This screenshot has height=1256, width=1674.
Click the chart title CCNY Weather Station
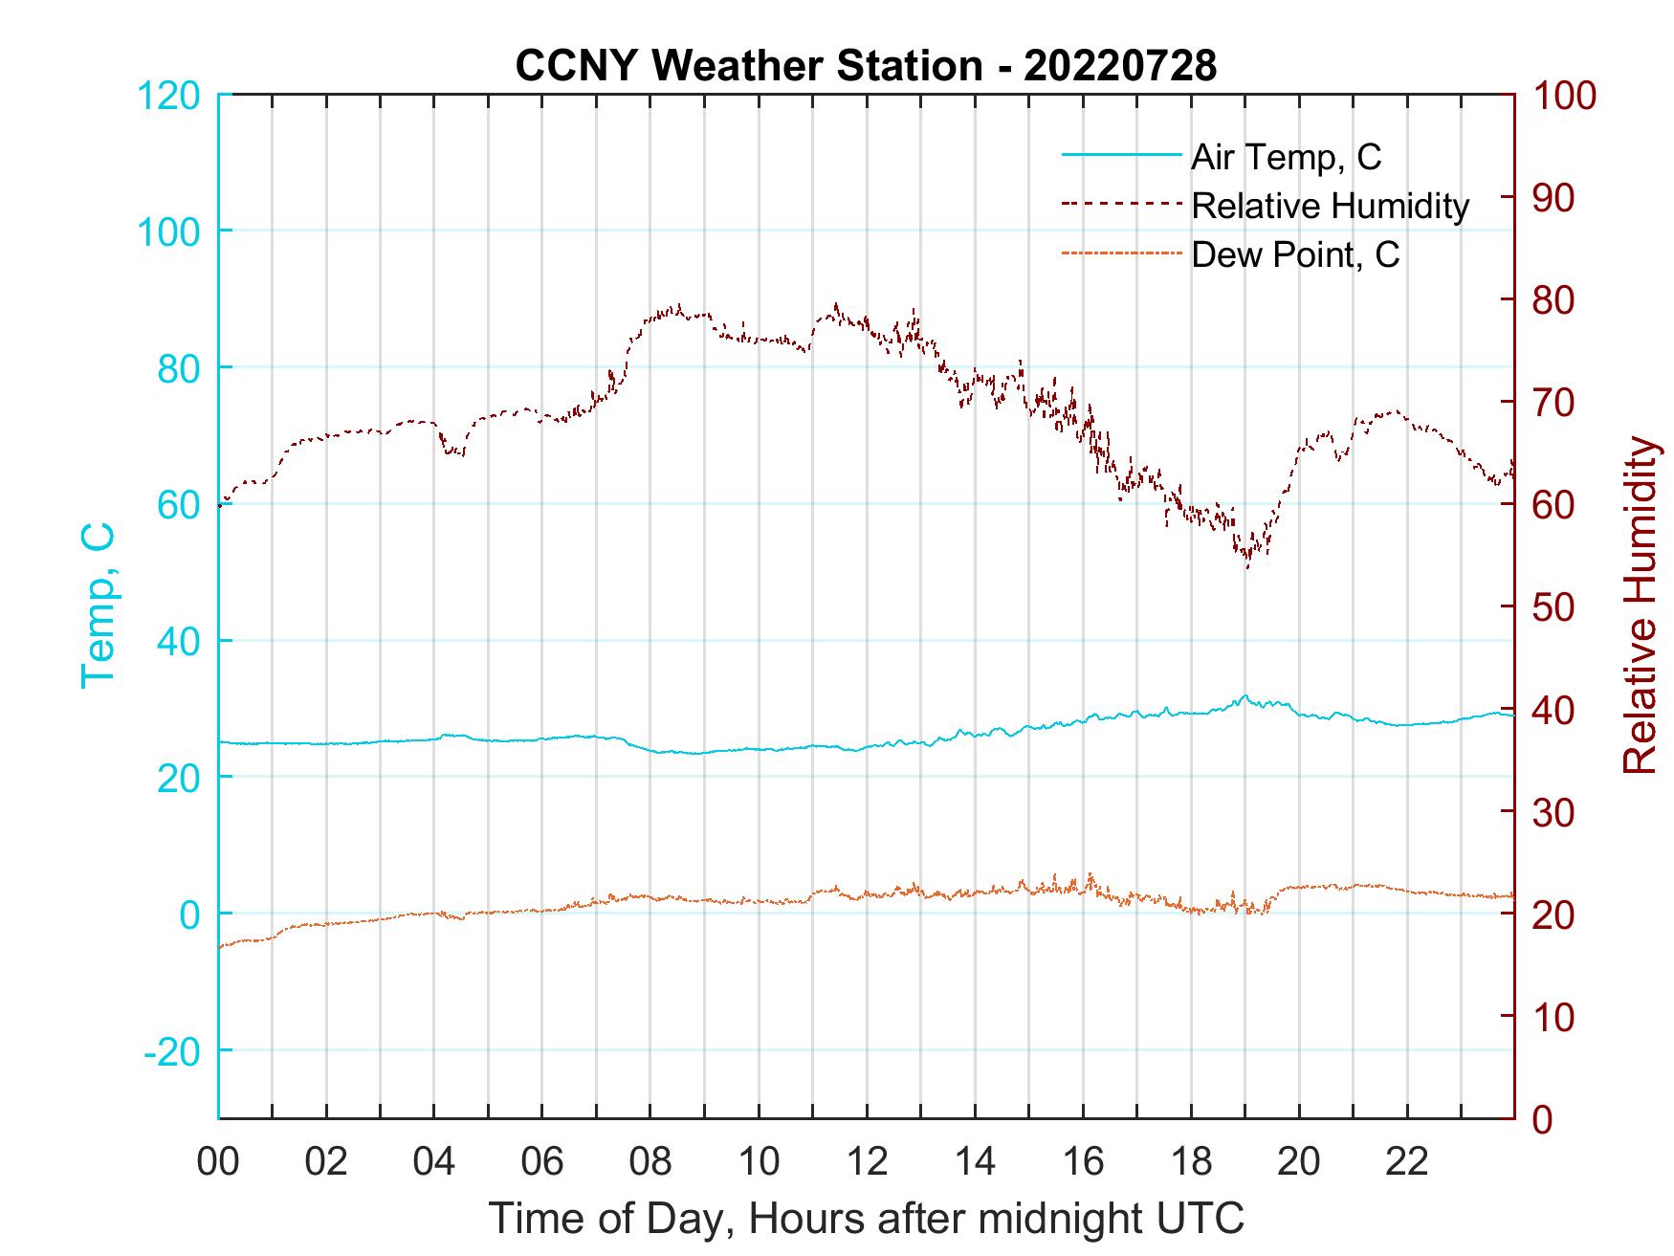coord(865,65)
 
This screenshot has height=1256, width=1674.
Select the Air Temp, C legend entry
coord(1285,156)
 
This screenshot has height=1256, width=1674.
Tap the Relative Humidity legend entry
coord(1330,206)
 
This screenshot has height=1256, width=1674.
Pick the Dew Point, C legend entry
coord(1295,255)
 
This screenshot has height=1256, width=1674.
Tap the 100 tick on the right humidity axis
coord(1564,95)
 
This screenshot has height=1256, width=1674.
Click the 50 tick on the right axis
coord(1554,607)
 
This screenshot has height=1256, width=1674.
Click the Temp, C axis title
coord(99,605)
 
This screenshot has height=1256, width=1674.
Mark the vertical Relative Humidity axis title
coord(1640,605)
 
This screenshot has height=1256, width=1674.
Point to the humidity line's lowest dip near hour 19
coord(1247,566)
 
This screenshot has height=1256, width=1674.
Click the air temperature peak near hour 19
coord(1244,696)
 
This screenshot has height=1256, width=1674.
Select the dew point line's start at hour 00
coord(221,947)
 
